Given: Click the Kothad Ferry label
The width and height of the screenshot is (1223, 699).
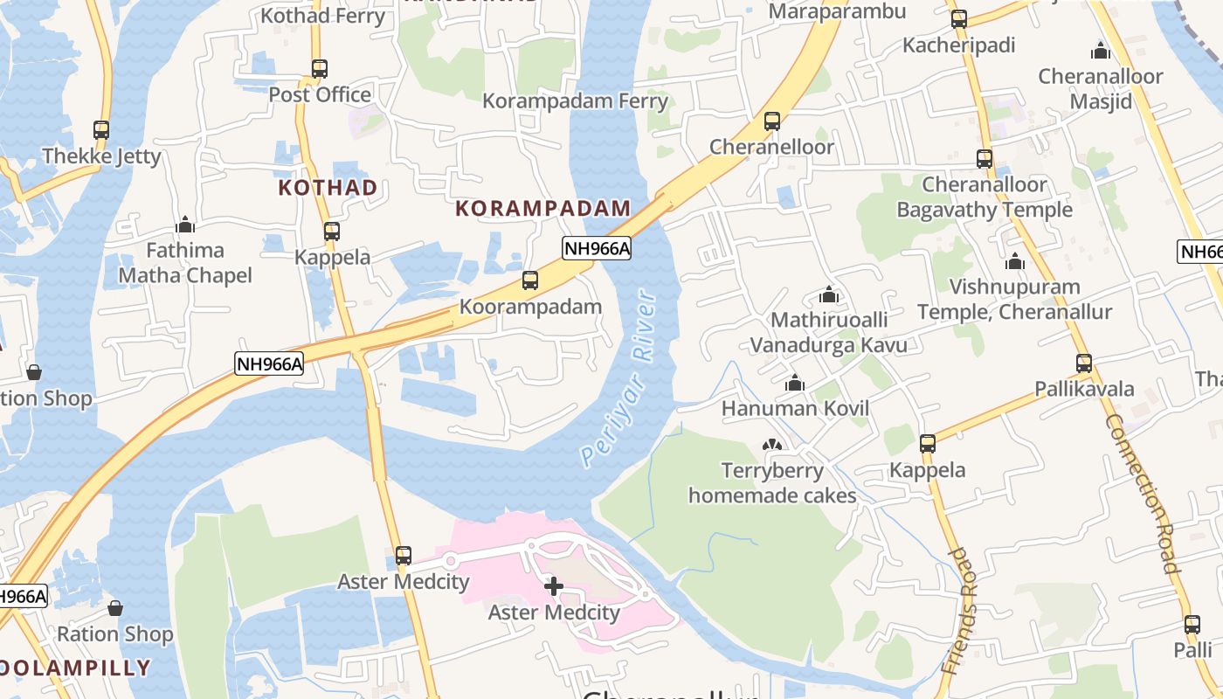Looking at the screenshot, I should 322,16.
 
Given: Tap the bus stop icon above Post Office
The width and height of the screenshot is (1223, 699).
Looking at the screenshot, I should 320,68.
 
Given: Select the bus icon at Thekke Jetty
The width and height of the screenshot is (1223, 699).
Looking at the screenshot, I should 101,130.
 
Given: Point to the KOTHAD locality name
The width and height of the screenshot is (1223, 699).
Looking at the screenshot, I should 328,187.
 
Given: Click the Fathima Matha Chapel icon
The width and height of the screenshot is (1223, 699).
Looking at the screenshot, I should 185,225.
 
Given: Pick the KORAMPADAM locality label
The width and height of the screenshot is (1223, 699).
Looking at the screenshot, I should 542,208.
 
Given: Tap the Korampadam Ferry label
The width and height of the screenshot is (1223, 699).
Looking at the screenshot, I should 575,100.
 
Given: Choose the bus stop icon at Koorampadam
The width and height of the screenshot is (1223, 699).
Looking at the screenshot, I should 530,280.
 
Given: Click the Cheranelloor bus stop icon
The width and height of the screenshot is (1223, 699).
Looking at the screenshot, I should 772,121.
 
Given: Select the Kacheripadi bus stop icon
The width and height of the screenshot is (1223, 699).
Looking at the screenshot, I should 959,19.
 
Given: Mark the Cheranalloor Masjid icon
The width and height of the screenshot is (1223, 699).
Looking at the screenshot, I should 1101,50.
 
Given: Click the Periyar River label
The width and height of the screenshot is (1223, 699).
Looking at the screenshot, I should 618,380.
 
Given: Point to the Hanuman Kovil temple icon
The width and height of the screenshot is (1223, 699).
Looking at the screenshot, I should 795,383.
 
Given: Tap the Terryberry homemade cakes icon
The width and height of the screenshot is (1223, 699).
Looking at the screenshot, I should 772,446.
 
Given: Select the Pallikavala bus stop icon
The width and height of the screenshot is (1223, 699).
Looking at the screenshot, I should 1084,363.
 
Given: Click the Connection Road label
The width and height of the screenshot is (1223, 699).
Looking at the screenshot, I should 1143,494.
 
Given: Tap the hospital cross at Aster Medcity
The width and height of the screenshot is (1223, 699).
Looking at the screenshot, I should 554,586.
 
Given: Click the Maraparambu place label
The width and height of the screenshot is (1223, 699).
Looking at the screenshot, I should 837,11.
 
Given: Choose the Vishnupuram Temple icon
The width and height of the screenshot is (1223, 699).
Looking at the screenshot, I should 1015,261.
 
